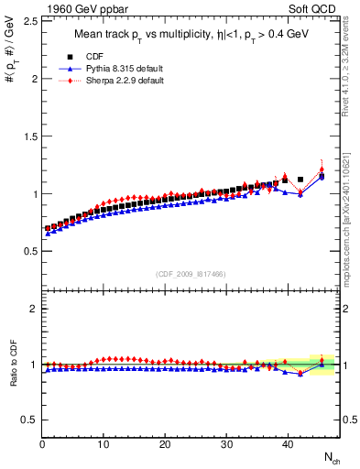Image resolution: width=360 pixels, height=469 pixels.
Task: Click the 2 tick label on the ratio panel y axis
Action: pos(33,309)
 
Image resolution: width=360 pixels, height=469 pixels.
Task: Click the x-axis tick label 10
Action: pos(104,444)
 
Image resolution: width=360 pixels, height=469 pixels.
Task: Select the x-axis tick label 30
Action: pos(226,444)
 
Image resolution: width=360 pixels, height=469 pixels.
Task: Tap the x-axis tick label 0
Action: pos(42,444)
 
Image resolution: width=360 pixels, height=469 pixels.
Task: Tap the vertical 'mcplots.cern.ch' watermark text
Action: pos(348,220)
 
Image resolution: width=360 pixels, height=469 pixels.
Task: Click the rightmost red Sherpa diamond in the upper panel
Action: pos(322,169)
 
